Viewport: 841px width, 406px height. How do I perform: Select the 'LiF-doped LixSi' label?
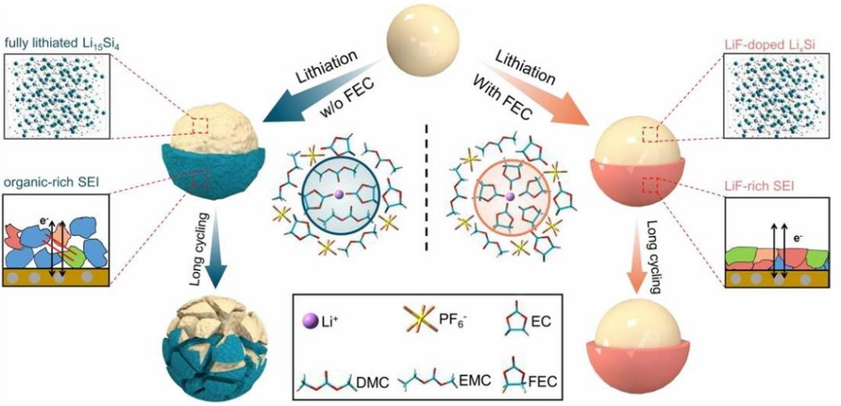point(779,42)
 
